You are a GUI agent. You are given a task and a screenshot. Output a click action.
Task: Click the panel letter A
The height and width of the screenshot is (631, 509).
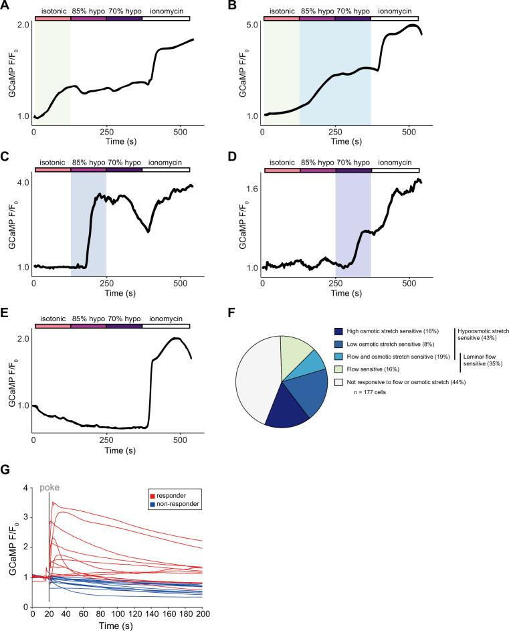pos(7,6)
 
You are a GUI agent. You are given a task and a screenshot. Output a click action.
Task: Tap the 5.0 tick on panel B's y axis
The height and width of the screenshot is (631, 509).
pos(253,25)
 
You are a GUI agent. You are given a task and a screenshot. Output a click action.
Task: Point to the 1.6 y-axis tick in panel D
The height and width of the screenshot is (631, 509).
pos(253,189)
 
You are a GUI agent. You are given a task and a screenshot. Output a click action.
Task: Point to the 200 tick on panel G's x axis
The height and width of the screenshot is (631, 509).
pos(203,614)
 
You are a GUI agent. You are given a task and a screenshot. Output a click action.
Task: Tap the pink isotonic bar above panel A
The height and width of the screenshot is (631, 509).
pos(52,18)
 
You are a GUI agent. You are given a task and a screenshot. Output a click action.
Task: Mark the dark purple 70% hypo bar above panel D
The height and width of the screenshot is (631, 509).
pos(353,171)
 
